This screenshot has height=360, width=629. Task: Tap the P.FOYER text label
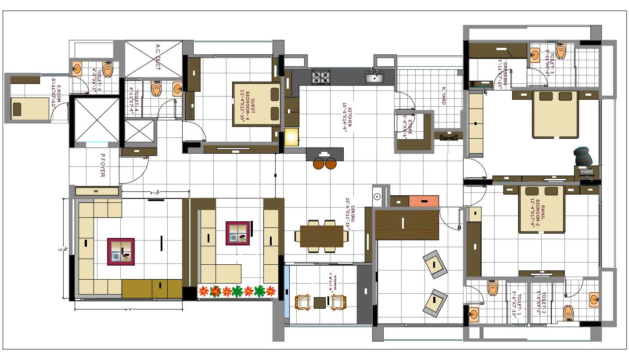[102, 165]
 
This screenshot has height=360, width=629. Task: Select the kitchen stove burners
[320, 77]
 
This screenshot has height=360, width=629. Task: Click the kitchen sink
[374, 78]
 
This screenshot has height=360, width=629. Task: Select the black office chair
[583, 156]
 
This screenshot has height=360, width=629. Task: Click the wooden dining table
[322, 236]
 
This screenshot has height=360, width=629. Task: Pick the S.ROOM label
[57, 92]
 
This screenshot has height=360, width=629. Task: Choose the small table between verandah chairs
[320, 302]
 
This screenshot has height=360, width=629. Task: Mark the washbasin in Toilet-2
[594, 299]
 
